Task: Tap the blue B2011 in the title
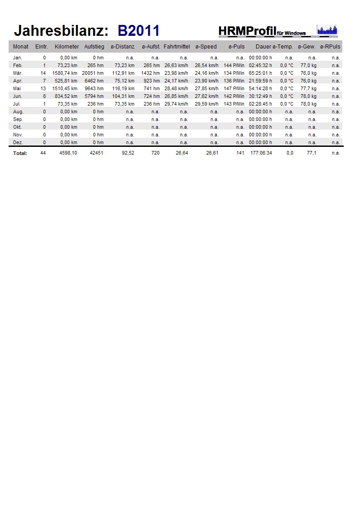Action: [138, 31]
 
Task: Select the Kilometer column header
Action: [67, 47]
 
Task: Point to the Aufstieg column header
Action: [94, 47]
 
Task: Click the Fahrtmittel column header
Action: [176, 47]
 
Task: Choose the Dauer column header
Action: [263, 47]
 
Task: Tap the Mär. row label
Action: [18, 73]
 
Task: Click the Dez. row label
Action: [18, 142]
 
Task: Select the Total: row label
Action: [20, 153]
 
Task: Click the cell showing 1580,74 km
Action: [65, 73]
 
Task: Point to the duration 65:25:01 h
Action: [260, 73]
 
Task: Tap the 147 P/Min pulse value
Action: [234, 88]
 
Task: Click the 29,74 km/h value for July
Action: [177, 104]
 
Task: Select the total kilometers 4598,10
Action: [68, 153]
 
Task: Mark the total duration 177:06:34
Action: [261, 153]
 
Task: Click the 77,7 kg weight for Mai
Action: [308, 88]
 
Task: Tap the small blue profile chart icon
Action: [326, 30]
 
